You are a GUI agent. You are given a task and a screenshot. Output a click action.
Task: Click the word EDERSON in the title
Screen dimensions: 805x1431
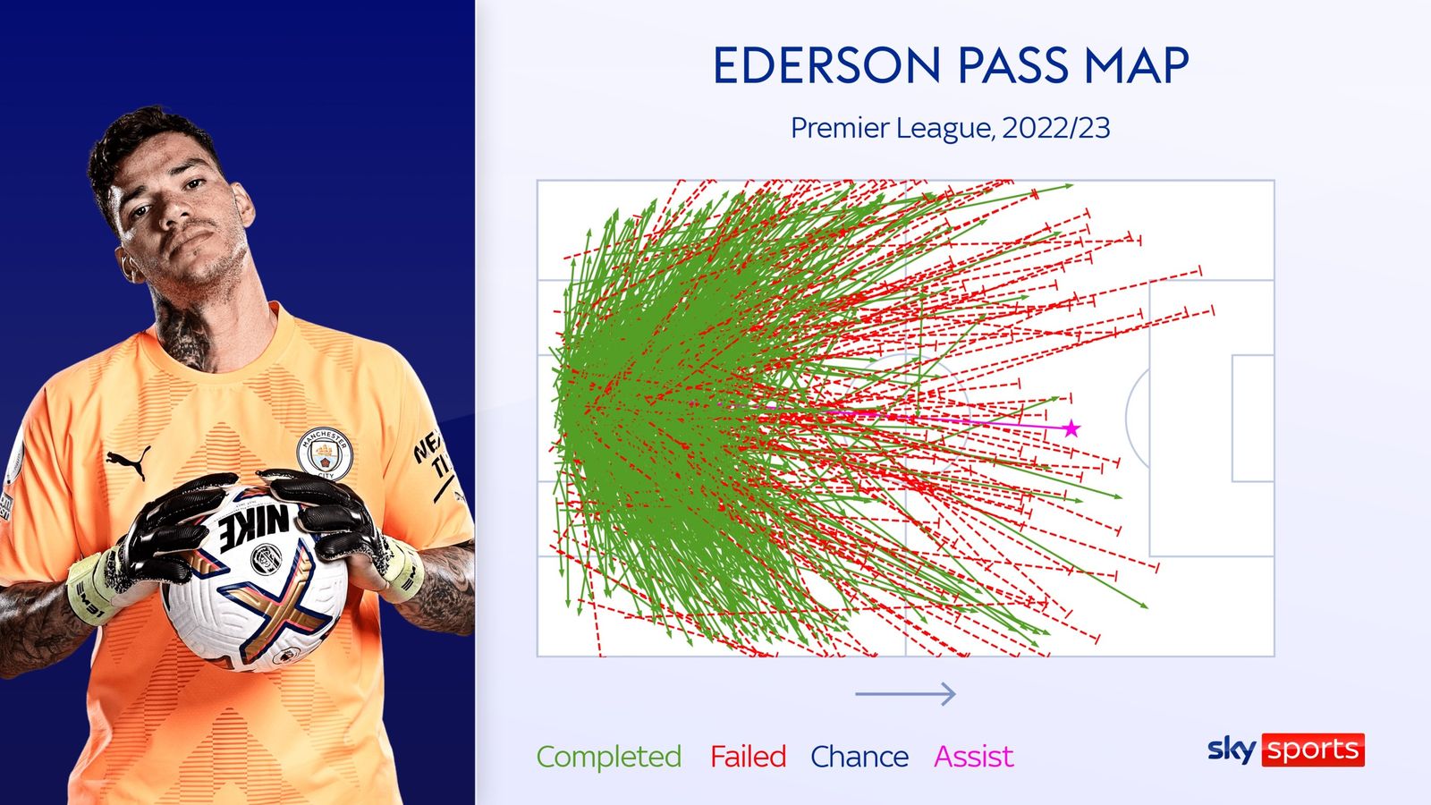point(826,65)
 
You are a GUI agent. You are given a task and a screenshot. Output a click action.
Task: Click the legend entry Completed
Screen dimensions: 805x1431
point(608,757)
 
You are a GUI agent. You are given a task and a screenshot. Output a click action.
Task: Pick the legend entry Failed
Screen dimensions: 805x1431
point(748,757)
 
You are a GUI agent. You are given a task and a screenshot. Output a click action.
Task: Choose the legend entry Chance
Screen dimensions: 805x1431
point(859,757)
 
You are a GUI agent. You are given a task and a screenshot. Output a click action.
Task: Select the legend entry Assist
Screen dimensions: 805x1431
point(973,757)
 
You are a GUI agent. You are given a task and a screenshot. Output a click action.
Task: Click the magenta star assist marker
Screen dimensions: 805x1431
point(1071,429)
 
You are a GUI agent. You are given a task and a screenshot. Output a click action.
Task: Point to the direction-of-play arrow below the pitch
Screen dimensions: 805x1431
point(905,693)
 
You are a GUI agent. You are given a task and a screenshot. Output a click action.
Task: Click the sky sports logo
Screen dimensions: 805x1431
point(1285,750)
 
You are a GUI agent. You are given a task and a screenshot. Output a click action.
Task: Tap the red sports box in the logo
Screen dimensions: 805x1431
point(1313,750)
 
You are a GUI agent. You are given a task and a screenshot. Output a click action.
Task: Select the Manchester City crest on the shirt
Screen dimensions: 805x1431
point(325,453)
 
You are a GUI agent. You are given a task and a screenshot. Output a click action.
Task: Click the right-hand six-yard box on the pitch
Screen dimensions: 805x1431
point(1253,419)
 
